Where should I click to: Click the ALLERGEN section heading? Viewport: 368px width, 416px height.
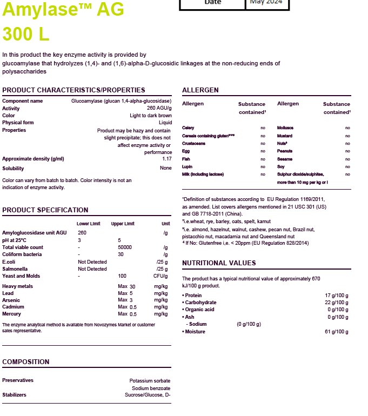point(200,90)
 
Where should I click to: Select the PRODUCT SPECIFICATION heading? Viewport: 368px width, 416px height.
point(45,210)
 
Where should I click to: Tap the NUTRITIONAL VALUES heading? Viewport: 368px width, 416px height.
point(219,263)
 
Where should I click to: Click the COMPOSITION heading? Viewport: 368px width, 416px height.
point(26,361)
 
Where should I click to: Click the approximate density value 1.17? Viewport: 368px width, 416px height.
point(167,159)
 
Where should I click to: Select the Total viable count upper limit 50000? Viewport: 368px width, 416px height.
point(125,247)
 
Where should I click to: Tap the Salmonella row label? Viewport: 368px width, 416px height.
point(15,269)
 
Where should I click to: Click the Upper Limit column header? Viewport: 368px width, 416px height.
point(123,223)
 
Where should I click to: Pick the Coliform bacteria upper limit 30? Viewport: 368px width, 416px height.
point(121,254)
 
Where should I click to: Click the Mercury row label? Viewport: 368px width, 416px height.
point(11,314)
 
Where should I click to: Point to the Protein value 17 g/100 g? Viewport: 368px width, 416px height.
point(337,296)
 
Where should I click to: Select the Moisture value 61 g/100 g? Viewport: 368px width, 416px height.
point(337,331)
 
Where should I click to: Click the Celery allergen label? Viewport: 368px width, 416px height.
point(188,128)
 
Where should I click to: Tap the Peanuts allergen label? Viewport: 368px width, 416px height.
point(285,151)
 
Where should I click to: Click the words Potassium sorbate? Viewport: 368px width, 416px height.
point(150,380)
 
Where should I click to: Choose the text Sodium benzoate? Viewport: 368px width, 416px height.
point(151,388)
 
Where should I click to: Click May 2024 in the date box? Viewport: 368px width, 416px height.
point(266,2)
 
